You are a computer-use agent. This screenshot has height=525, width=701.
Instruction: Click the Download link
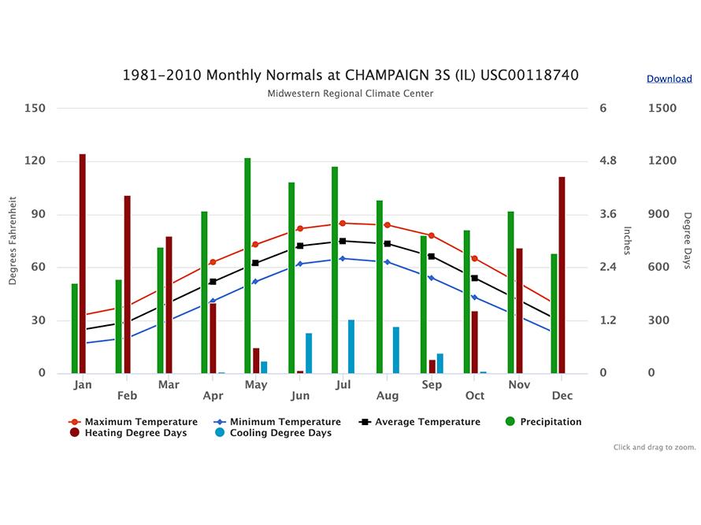pos(669,79)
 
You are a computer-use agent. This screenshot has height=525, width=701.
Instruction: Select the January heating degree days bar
pos(83,264)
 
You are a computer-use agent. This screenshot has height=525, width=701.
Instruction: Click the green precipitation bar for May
pos(247,265)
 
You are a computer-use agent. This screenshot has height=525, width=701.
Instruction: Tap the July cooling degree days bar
pos(351,346)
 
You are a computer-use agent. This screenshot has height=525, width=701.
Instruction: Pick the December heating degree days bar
pos(562,275)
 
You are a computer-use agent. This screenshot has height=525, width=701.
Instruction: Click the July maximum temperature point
pos(342,224)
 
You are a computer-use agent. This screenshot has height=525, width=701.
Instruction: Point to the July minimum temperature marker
pos(342,258)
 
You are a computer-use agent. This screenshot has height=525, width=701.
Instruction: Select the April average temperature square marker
pos(213,282)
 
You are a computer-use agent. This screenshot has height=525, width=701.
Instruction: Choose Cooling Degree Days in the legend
pos(280,433)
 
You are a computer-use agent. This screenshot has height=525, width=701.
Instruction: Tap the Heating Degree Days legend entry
pos(135,433)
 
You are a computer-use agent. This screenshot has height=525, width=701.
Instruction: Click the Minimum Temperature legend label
pos(285,422)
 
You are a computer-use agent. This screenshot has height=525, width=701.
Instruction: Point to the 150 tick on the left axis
pos(35,109)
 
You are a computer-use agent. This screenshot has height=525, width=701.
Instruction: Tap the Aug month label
pos(387,395)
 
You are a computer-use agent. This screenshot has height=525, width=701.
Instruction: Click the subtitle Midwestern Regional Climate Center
pos(350,94)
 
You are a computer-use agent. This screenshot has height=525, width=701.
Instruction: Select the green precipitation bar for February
pos(119,326)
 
